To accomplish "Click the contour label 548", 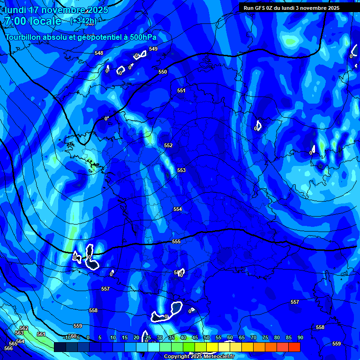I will click(x=99, y=53).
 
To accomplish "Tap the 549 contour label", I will click(x=153, y=49).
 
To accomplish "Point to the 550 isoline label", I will click(x=163, y=72).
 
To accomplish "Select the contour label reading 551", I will click(x=181, y=90).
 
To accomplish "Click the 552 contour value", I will click(x=168, y=146).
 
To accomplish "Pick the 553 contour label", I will click(x=181, y=170).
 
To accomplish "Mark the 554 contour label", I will click(x=178, y=209).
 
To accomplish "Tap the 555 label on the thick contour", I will click(x=176, y=241).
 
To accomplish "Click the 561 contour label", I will click(x=41, y=334).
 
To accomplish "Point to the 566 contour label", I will click(x=8, y=348).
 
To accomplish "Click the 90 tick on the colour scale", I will click(x=300, y=337).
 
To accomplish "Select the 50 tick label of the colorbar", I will click(x=207, y=337).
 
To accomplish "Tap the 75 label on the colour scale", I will click(x=265, y=337).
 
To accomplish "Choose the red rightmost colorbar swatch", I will click(x=294, y=347).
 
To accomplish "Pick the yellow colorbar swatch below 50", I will click(x=212, y=347).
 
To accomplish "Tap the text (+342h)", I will click(x=82, y=21).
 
